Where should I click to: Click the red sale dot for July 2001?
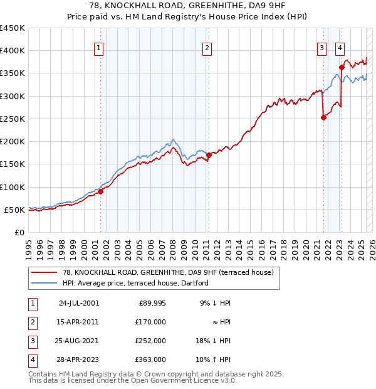click(101, 192)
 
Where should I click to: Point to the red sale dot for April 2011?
click(209, 156)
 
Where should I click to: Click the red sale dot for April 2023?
click(342, 67)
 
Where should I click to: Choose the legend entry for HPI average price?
click(135, 284)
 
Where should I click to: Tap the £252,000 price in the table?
click(150, 342)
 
